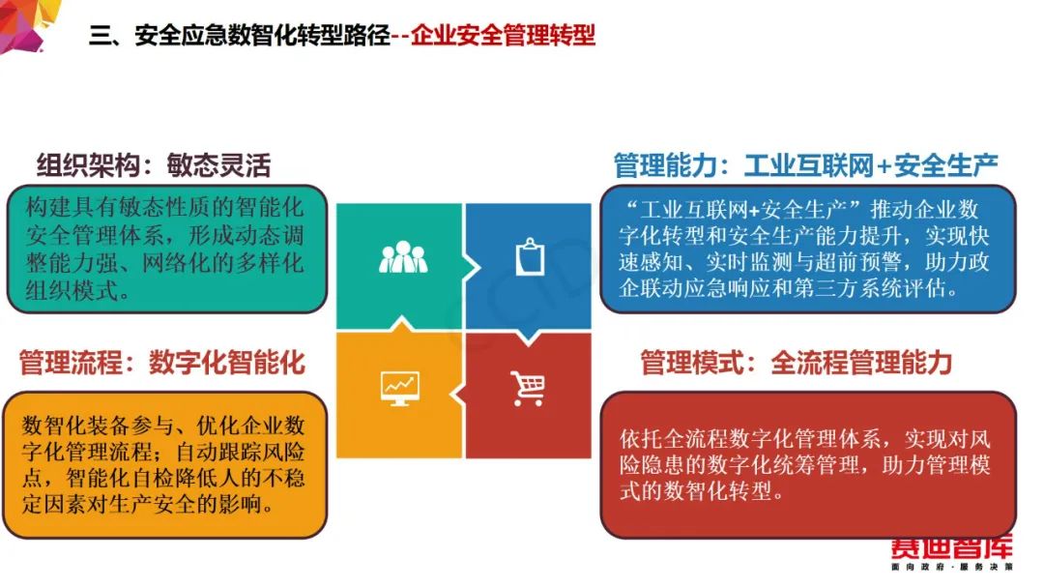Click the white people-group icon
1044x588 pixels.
403,257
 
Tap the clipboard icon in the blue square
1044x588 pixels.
530,256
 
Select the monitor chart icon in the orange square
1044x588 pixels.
399,389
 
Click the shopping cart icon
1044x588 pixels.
528,388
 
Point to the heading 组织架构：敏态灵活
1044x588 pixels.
154,165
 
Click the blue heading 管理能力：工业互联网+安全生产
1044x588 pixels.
805,165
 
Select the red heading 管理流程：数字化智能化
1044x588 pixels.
161,363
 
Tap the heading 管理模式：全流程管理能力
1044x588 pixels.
797,363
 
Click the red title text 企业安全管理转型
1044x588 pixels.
503,35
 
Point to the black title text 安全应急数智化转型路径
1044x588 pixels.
262,35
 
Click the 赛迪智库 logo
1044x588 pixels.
951,547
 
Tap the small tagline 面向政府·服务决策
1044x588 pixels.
952,567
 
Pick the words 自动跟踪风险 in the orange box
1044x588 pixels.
241,453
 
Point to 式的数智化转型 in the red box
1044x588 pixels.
695,491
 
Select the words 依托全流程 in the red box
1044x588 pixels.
673,439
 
